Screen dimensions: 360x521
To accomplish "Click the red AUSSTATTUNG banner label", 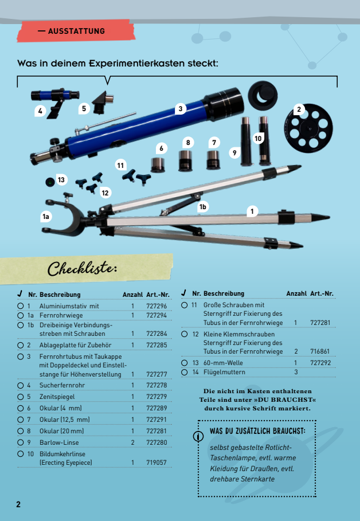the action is point(76,31).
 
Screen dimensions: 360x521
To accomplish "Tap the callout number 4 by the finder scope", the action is point(40,111).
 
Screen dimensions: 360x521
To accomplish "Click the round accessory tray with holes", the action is point(308,128).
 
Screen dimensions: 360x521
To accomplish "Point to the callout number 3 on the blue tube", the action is point(181,109).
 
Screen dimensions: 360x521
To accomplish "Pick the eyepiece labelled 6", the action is point(158,165).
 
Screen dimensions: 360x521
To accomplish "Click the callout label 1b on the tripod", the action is point(202,207).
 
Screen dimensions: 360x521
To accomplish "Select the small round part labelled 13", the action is point(50,182).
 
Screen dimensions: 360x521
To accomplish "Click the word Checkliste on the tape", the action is point(83,268).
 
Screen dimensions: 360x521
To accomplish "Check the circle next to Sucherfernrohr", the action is point(21,385).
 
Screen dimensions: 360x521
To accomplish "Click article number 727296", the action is point(156,306).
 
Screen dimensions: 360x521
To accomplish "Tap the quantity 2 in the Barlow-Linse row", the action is point(132,442).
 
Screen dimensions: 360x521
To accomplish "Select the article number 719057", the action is point(156,463).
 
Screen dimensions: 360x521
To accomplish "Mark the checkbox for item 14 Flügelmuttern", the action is point(185,372).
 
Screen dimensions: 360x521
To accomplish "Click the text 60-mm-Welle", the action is point(223,363).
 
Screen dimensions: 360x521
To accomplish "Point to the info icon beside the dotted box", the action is point(198,436).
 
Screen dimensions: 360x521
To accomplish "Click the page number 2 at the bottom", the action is point(18,504).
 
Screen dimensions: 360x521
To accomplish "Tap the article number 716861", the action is point(320,351).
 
